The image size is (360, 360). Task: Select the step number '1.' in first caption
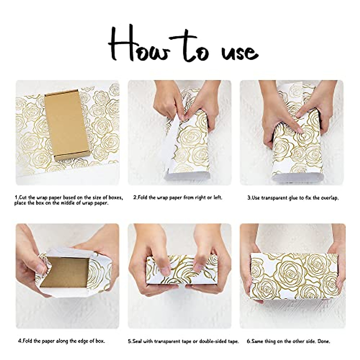point(17,198)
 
